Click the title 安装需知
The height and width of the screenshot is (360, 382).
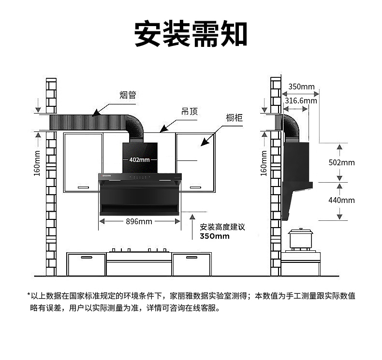point(191,33)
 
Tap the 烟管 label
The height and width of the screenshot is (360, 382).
point(128,95)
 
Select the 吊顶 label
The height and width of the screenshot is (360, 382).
point(189,112)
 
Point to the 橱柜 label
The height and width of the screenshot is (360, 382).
point(235,117)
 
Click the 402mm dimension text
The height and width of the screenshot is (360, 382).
point(139,159)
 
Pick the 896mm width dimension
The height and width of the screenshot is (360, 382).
point(139,221)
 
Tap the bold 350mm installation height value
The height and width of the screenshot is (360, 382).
point(215,236)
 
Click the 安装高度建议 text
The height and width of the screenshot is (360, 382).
point(222,227)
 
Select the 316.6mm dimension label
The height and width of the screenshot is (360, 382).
point(301,101)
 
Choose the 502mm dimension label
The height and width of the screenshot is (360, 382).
point(341,162)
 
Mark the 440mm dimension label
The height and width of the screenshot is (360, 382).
point(341,200)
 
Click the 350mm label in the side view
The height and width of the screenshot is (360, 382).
point(301,87)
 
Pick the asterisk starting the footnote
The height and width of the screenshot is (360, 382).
point(29,296)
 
